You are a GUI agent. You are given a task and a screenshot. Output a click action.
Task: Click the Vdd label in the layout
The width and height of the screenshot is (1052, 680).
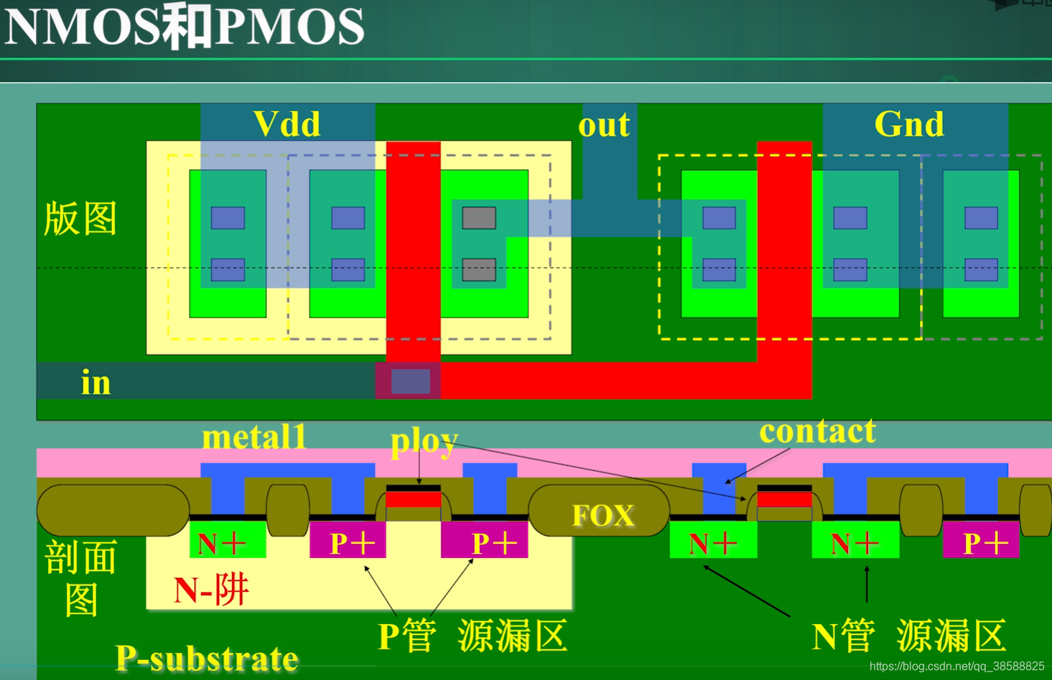coord(287,124)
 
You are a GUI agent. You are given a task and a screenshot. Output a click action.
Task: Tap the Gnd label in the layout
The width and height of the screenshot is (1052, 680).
coord(909,124)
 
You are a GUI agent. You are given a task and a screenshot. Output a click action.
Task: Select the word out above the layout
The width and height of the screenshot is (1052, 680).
coord(604,125)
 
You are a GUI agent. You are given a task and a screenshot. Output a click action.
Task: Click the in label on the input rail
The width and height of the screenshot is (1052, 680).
coord(96,382)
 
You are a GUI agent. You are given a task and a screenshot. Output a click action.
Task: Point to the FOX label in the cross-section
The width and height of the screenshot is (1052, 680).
coord(603,515)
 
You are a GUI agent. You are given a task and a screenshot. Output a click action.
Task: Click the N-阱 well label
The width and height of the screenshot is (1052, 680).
coord(211,590)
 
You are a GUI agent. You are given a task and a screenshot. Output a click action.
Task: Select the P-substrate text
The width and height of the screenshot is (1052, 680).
coord(207,657)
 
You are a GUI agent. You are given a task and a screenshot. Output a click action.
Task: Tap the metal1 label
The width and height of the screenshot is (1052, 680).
coord(255,437)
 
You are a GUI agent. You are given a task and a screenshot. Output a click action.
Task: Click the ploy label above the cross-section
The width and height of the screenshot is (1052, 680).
coord(424,441)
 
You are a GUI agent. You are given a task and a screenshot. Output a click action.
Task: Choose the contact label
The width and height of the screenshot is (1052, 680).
coord(817,431)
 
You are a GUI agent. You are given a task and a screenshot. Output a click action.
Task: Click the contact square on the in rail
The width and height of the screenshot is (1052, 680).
coord(410,381)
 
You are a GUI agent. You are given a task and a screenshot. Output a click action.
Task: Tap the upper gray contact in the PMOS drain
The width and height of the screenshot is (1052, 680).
coord(479,218)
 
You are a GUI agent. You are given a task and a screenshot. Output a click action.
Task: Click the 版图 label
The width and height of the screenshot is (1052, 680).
coord(80,218)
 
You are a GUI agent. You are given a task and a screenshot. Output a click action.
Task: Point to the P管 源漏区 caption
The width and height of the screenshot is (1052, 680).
coord(473,635)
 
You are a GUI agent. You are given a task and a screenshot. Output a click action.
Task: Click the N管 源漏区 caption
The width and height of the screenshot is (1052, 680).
coord(909,635)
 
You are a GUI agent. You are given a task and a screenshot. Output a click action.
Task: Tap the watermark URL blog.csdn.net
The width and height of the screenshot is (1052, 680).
coord(956,666)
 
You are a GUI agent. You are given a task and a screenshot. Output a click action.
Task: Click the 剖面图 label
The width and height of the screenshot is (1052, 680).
coord(80,578)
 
